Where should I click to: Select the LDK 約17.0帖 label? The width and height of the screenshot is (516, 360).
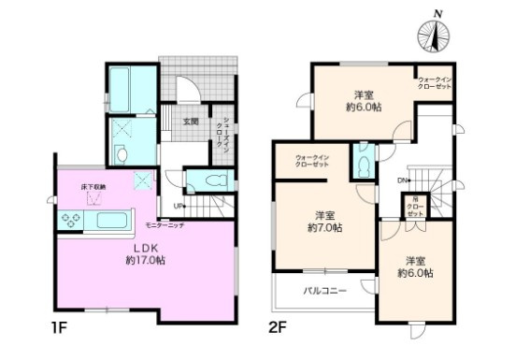(x=149, y=253)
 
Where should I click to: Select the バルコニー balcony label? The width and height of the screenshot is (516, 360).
(x=325, y=291)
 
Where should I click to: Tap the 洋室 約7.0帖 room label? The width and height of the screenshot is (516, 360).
(x=324, y=221)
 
